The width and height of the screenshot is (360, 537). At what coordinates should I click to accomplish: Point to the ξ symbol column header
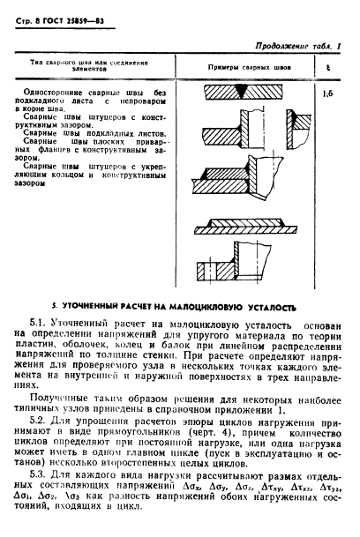328,67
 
